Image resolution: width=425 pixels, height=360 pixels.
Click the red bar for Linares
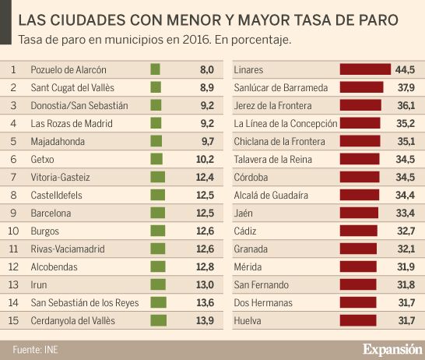[365, 69]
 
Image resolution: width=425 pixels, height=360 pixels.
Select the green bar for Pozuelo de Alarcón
[156, 69]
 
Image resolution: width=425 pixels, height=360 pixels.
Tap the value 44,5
[405, 69]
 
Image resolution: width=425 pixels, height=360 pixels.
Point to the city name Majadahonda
[58, 142]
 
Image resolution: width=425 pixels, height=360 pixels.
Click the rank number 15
[13, 320]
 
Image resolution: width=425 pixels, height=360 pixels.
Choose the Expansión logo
[392, 349]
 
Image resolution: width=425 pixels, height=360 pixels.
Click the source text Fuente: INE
[36, 350]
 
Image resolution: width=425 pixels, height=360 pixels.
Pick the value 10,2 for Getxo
[205, 159]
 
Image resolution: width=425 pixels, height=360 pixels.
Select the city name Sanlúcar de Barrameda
[281, 87]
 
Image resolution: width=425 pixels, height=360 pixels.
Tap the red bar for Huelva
[358, 320]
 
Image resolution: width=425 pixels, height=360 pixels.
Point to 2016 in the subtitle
[196, 40]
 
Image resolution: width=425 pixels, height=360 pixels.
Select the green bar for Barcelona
[158, 213]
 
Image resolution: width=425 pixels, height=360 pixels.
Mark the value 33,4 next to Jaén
[406, 214]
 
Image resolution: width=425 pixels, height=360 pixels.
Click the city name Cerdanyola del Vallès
[73, 321]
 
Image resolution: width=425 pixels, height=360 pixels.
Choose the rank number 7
[13, 177]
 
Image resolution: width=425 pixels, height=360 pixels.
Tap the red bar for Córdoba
[360, 177]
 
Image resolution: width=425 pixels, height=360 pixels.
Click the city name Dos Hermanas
[263, 303]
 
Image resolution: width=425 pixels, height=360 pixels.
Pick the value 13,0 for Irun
[205, 285]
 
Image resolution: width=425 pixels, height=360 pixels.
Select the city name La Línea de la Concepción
[286, 124]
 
